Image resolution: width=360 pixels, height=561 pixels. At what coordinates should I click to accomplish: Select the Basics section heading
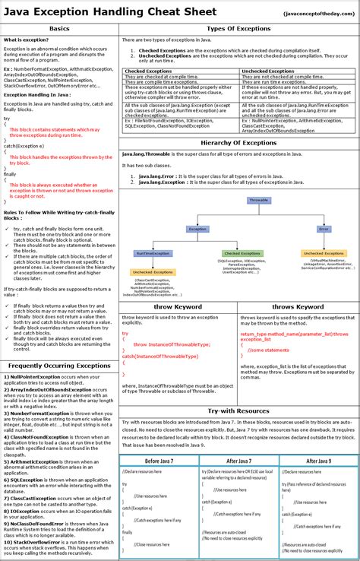pos(59,28)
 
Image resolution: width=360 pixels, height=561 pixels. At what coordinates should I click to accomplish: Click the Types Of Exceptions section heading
pos(239,28)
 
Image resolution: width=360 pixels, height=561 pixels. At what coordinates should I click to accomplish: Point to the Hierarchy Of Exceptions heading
pos(239,143)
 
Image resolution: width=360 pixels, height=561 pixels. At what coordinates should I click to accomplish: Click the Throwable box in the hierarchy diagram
pos(258,200)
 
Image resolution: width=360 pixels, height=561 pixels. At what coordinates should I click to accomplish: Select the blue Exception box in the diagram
pos(197,228)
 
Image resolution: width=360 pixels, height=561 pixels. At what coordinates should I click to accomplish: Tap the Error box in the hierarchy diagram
pos(324,228)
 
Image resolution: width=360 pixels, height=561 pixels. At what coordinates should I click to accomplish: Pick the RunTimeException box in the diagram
pos(152,253)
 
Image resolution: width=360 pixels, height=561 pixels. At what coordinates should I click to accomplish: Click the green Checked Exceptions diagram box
pos(242,253)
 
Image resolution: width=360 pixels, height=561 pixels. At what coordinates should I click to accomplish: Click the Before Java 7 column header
pos(159,461)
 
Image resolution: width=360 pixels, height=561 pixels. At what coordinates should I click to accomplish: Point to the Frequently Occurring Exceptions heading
pos(59,366)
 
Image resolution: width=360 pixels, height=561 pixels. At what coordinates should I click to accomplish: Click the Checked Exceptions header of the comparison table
pos(149,71)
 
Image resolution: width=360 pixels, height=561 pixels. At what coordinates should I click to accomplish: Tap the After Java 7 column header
pos(238,461)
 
